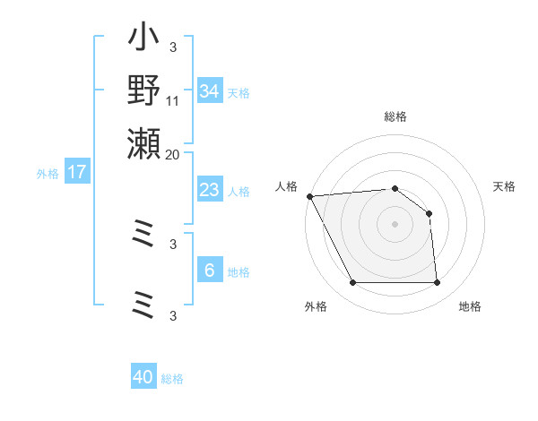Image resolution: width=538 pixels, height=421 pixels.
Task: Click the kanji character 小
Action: pos(143,41)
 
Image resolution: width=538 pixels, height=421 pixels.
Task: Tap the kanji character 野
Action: pos(143,90)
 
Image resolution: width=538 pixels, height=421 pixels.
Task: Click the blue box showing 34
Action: pos(210,91)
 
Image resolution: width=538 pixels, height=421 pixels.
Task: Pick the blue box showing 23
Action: pos(210,190)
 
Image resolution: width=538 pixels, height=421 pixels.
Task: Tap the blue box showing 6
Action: pos(210,271)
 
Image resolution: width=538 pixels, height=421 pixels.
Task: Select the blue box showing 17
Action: pos(77,172)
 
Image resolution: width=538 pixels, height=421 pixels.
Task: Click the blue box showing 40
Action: pos(143,377)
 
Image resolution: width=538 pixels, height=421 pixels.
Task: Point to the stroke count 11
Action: pos(173,101)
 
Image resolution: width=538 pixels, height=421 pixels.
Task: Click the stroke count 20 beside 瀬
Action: pos(173,154)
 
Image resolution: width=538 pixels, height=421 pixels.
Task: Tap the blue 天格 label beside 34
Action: pos(239,93)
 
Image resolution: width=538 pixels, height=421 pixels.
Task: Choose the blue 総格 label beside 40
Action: pos(172,379)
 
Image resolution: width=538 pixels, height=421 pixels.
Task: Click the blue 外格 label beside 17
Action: pos(48,174)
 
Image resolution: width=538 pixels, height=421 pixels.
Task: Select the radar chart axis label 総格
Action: pos(395,116)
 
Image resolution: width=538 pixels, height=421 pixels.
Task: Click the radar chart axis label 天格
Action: pos(505,186)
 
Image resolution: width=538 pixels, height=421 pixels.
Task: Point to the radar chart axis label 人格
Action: pos(286,186)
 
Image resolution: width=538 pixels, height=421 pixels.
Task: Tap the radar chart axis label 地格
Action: pos(470,307)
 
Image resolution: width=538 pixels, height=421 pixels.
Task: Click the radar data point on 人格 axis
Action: pos(309,196)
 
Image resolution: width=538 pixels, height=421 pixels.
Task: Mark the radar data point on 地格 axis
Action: pos(437,283)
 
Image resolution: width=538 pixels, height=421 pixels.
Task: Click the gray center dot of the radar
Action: pos(395,224)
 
